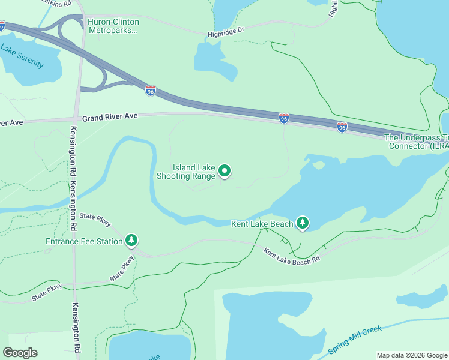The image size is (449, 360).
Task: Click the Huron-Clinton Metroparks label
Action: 113,26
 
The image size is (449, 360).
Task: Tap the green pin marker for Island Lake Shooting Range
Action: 224,172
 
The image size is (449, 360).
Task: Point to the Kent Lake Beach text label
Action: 262,224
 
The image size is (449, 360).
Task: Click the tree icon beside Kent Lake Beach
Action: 303,223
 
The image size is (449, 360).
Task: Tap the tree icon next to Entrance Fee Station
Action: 131,241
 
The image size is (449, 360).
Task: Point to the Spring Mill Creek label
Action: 355,340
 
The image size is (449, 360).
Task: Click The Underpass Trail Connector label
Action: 416,142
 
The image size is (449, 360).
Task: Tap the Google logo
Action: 20,353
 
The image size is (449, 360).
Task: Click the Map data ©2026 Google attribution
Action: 411,355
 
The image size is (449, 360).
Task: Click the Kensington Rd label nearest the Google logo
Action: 77,327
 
